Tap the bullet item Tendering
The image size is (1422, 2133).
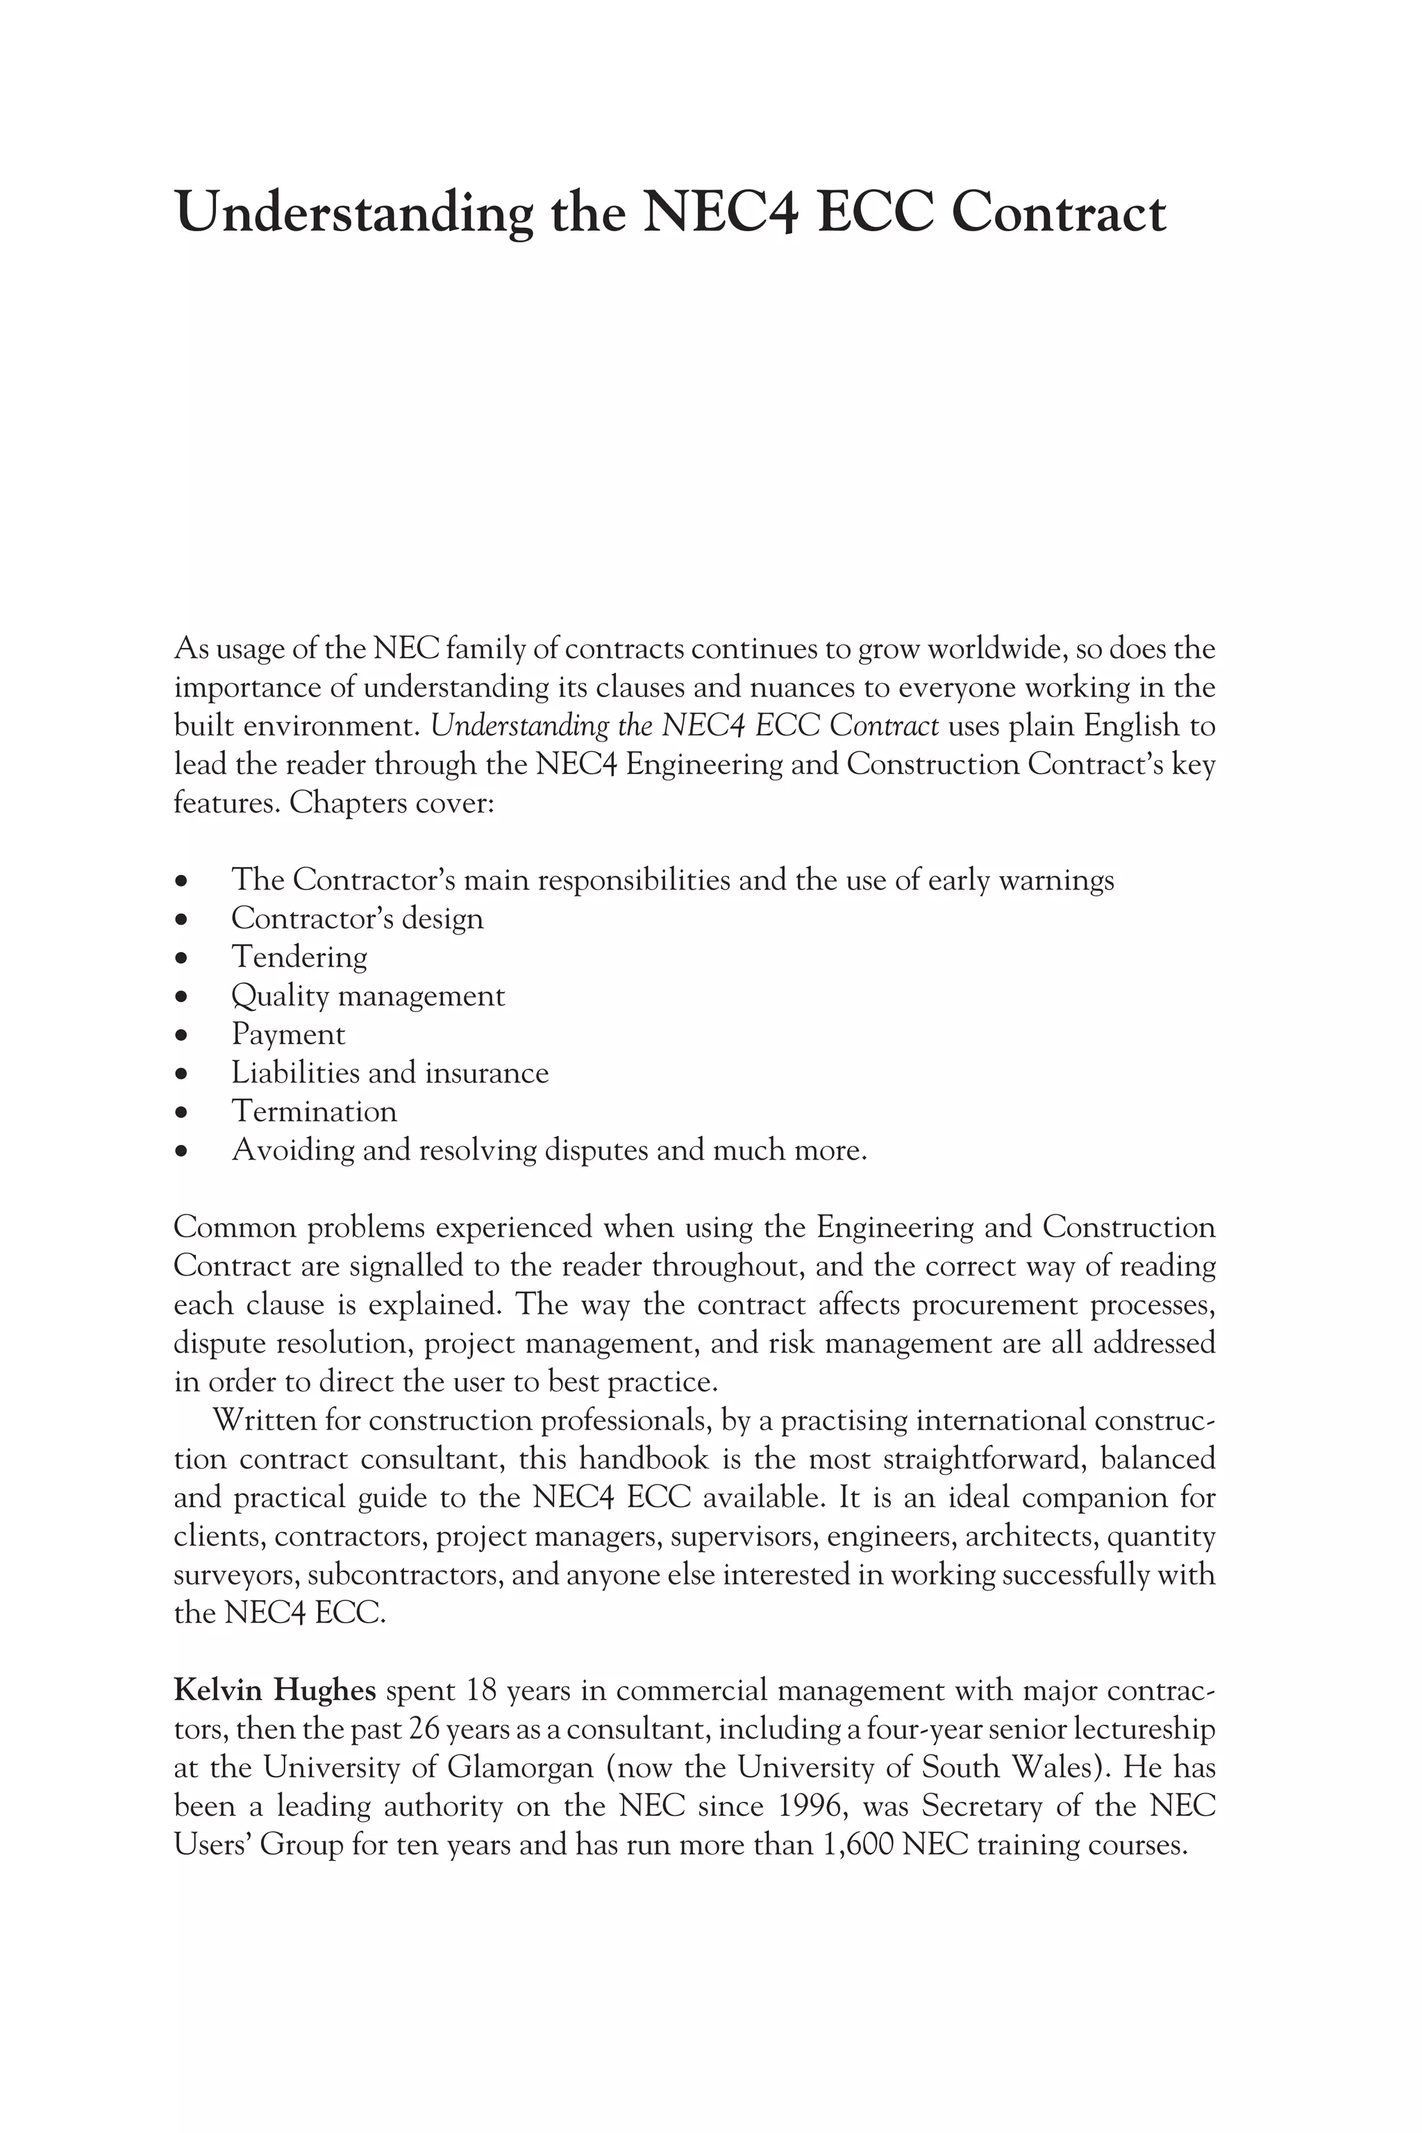pyautogui.click(x=299, y=957)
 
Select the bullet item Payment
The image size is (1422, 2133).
pyautogui.click(x=287, y=1034)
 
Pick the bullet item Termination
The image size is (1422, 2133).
pyautogui.click(x=314, y=1111)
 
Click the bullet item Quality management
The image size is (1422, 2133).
pyautogui.click(x=367, y=996)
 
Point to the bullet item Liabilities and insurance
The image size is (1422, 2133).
pyautogui.click(x=390, y=1073)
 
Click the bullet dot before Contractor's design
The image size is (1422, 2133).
pyautogui.click(x=183, y=919)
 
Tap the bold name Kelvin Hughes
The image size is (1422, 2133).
pyautogui.click(x=274, y=1691)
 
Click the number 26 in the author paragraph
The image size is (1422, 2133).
pyautogui.click(x=424, y=1730)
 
